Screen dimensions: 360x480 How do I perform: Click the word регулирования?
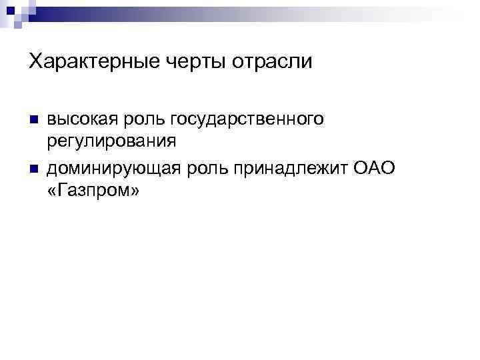pyautogui.click(x=112, y=141)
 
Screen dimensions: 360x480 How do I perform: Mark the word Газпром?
pyautogui.click(x=93, y=191)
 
